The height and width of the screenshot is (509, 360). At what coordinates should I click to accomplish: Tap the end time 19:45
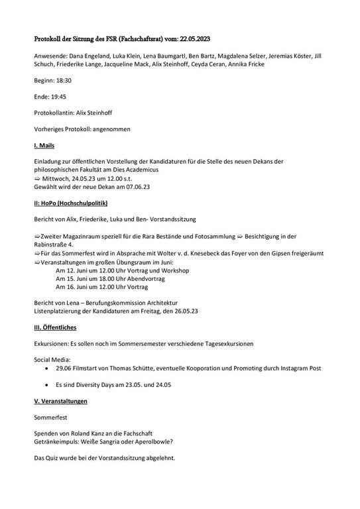tap(58, 97)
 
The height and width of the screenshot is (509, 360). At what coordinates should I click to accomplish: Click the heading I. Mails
tap(44, 144)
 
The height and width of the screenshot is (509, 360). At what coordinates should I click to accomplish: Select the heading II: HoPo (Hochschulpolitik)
tap(70, 202)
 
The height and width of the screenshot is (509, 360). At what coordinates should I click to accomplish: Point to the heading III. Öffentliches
tap(55, 327)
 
